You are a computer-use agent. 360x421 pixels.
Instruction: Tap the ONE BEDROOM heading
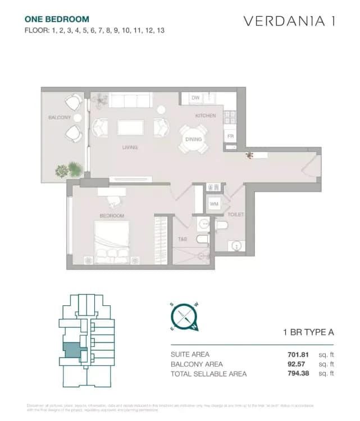pos(57,19)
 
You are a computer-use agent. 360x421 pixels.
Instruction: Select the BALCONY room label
pos(59,117)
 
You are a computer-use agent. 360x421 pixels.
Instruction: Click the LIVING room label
pos(130,148)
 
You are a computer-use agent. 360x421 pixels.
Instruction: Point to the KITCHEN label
pos(205,116)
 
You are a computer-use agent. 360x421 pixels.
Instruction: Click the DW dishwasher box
pos(195,98)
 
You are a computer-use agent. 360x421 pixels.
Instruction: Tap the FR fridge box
pos(230,136)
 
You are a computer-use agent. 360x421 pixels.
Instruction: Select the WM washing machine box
pos(214,204)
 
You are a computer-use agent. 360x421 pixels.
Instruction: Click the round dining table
pos(193,139)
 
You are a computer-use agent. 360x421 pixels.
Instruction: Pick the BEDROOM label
pos(112,216)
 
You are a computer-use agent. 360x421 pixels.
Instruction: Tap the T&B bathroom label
pos(183,239)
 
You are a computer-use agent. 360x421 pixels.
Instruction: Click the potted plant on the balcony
pos(74,168)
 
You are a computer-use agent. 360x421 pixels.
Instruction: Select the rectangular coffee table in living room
pos(130,128)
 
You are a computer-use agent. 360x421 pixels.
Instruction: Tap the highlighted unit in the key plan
pos(71,350)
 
